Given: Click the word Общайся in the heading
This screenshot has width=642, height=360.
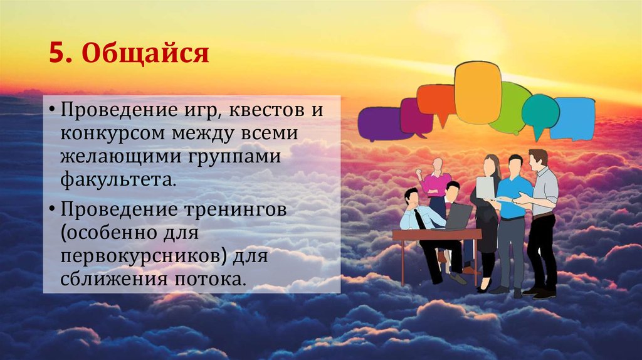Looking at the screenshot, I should (145, 54).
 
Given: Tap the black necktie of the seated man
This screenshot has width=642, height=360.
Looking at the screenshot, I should (419, 220).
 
